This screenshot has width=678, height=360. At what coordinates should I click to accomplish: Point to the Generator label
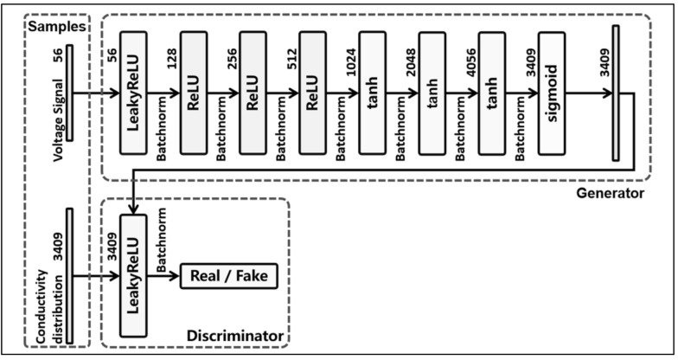[x=610, y=192]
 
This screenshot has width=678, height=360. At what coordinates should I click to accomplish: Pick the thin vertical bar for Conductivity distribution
[x=68, y=276]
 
